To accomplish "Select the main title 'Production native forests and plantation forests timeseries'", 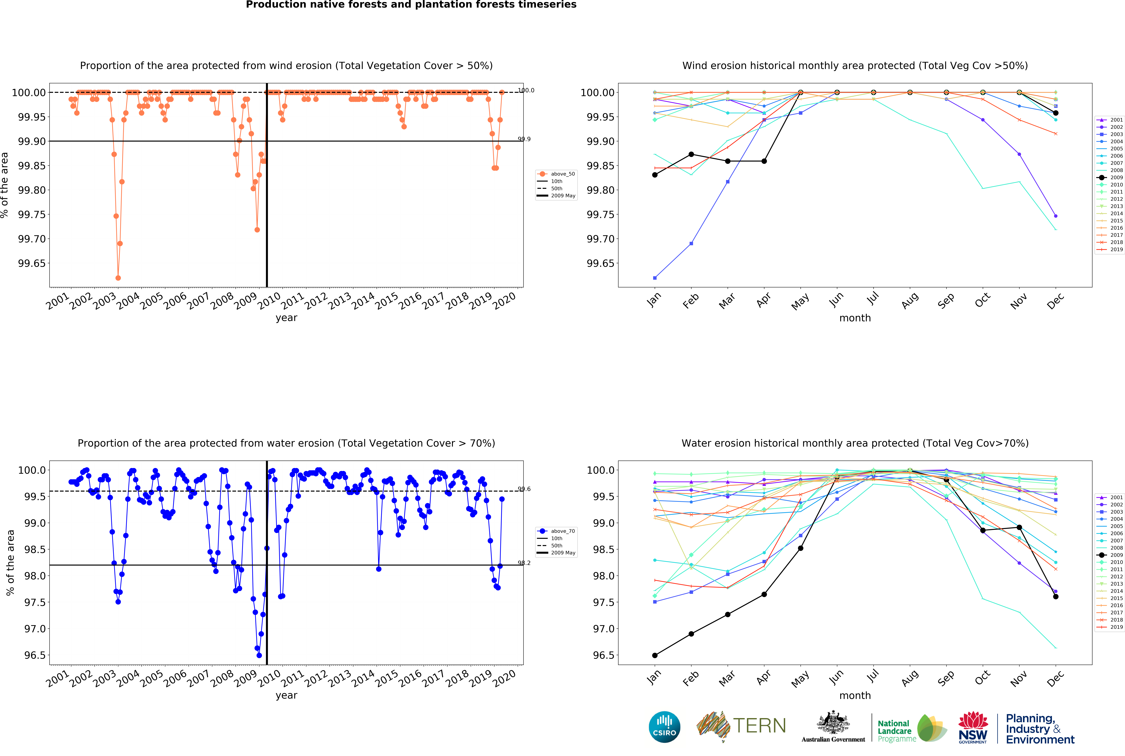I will [x=411, y=5].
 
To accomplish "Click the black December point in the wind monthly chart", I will [x=1056, y=113].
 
